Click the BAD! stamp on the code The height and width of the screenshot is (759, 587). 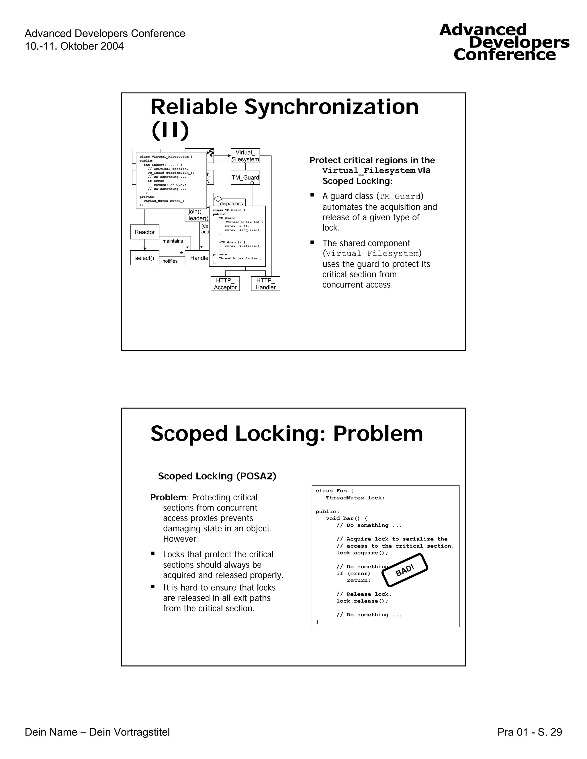click(x=405, y=570)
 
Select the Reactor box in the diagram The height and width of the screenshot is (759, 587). click(x=145, y=232)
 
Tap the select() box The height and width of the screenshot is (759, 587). click(x=145, y=258)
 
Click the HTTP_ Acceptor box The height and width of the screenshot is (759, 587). click(x=225, y=284)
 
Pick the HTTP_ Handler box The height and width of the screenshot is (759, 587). click(x=265, y=284)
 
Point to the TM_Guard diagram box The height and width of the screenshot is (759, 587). click(x=245, y=178)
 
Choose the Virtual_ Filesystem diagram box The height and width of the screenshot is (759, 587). click(x=245, y=156)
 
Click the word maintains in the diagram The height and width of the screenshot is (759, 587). click(x=173, y=241)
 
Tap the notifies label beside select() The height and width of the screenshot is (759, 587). click(x=170, y=261)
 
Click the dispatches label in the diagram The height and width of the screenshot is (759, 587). click(x=231, y=204)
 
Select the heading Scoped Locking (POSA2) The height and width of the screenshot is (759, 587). click(x=217, y=476)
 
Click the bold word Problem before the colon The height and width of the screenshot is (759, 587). click(x=168, y=497)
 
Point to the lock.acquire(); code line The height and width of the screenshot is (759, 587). click(x=362, y=553)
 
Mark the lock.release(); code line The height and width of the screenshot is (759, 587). click(x=362, y=601)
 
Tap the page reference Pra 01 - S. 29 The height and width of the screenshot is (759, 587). click(x=529, y=732)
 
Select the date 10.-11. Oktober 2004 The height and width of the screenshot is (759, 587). click(x=74, y=46)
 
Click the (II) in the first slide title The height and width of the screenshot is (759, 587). click(x=170, y=130)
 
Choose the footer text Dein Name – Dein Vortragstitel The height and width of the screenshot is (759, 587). click(x=97, y=732)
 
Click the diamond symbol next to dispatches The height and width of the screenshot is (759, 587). click(x=218, y=199)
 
